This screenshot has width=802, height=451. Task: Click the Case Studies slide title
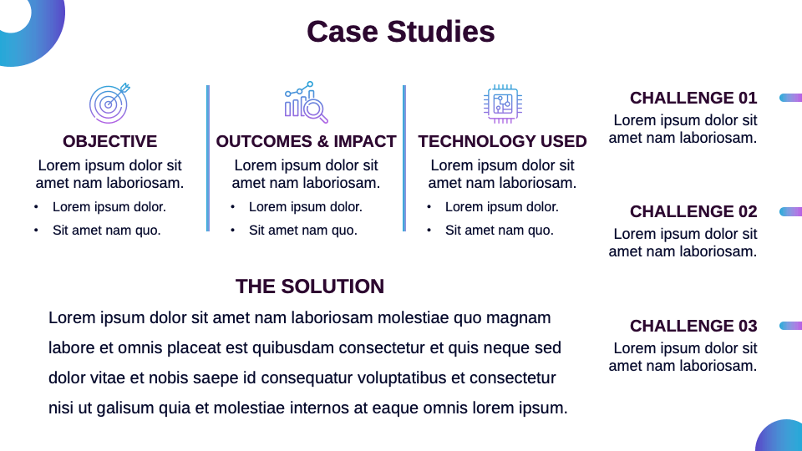pos(400,32)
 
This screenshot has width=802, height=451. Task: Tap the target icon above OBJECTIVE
pos(109,104)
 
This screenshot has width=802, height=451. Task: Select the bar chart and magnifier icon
pos(306,103)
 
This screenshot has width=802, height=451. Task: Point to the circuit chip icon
pos(502,104)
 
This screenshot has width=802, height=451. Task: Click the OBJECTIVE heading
pos(109,141)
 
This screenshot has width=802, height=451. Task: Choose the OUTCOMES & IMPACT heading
pos(306,141)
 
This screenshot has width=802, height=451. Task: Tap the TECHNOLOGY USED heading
pos(502,141)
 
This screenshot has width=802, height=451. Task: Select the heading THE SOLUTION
pos(310,286)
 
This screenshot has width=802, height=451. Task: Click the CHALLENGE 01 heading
pos(693,98)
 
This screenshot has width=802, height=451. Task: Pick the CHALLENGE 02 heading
pos(693,211)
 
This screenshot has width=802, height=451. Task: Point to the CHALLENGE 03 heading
pos(693,326)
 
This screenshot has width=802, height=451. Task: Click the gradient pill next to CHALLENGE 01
pos(790,98)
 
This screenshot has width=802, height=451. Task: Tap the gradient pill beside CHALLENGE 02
pos(790,212)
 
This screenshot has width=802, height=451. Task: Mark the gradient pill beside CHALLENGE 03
pos(790,326)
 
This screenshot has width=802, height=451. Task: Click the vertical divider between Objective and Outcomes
pos(208,158)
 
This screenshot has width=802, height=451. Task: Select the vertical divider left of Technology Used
pos(404,158)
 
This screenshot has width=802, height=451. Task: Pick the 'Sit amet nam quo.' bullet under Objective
pos(106,230)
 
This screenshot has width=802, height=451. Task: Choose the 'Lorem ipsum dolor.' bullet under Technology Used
pos(501,206)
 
